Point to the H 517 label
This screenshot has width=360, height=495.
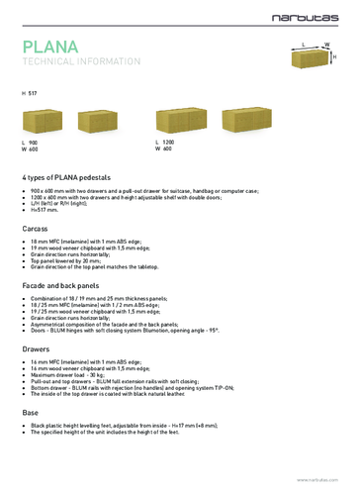click(30, 92)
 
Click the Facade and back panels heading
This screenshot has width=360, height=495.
click(63, 284)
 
